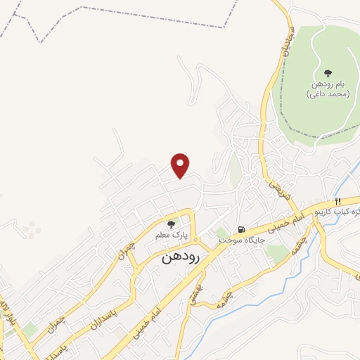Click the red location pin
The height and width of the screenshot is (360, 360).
coord(181,165)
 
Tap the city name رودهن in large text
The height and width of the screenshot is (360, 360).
coord(181,257)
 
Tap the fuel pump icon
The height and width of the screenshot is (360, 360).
coord(242,229)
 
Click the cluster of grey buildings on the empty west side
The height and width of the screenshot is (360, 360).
coord(30,228)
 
